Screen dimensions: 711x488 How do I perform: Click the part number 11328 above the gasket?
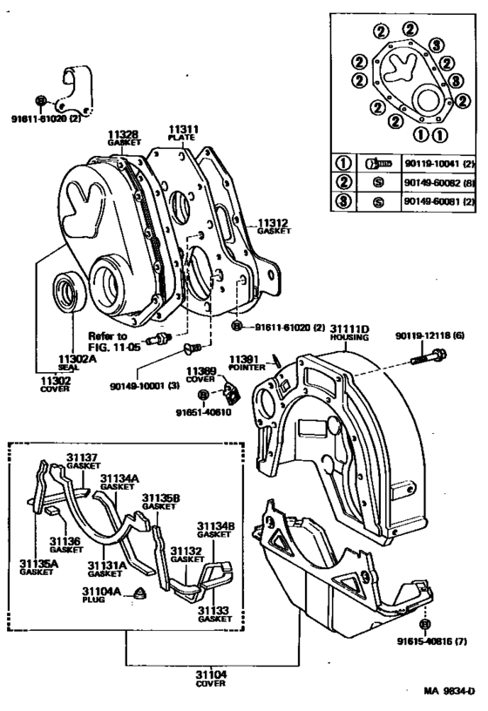[123, 136]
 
